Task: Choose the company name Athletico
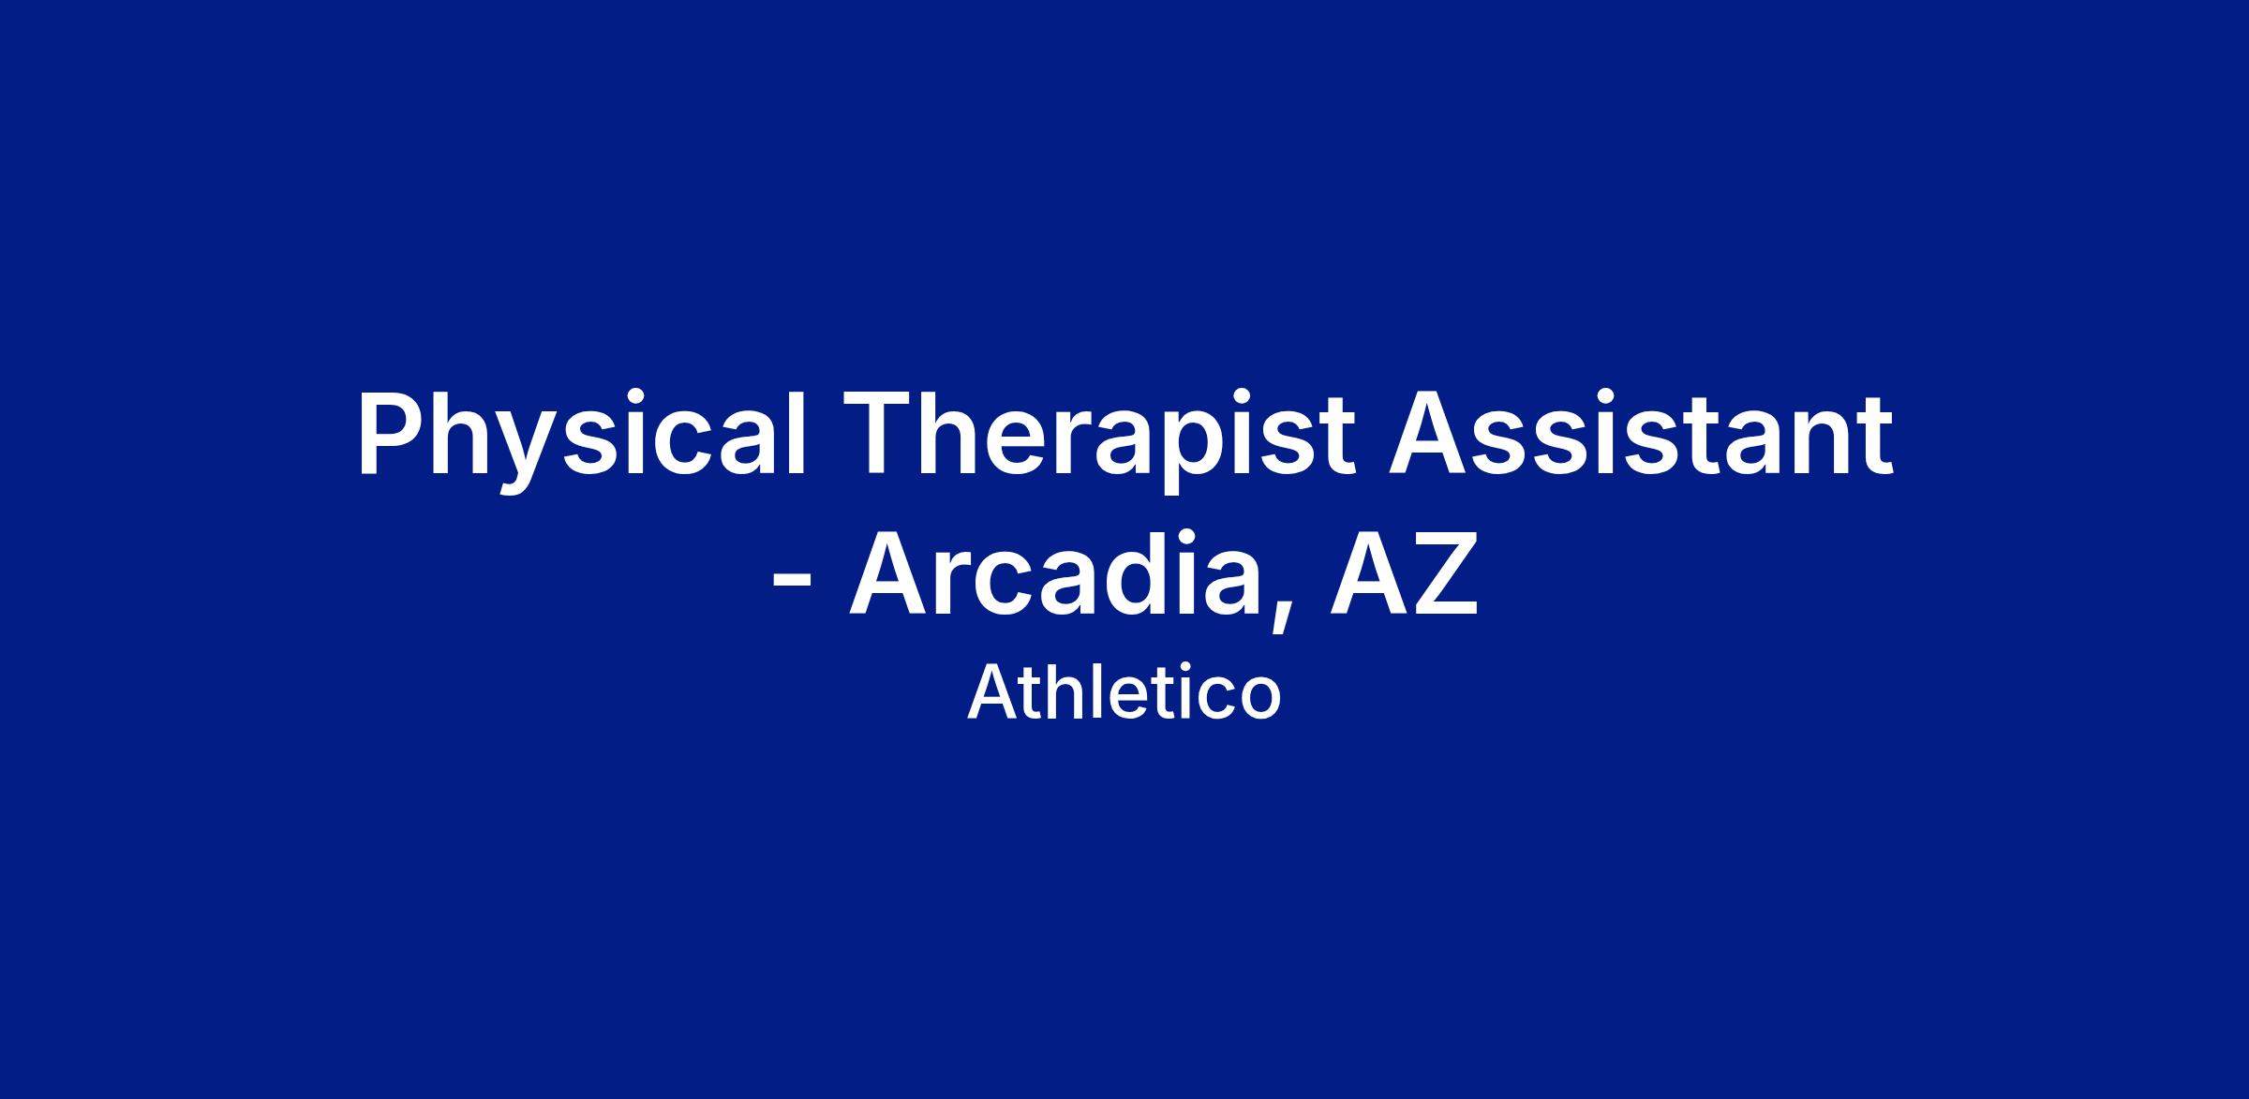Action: (1124, 694)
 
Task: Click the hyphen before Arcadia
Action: (790, 582)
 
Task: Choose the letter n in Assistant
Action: (1807, 445)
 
